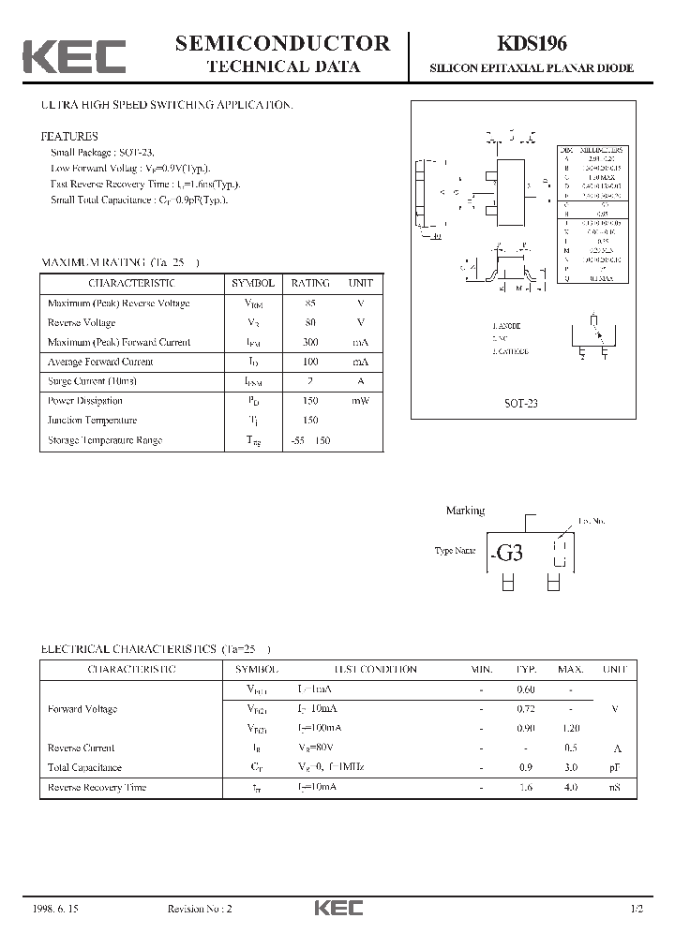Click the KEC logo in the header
[x=74, y=55]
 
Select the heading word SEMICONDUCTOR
[x=283, y=43]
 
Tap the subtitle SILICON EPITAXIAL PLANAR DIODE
[x=532, y=68]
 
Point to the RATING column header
[x=310, y=283]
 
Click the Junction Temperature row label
[x=92, y=421]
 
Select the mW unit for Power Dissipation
[x=361, y=401]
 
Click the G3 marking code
[x=509, y=553]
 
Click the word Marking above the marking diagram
[x=465, y=511]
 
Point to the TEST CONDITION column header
[x=376, y=670]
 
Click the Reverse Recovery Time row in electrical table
[x=97, y=788]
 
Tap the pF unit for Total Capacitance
[x=615, y=768]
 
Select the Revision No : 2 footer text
[x=199, y=909]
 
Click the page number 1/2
[x=637, y=909]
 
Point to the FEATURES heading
[x=69, y=137]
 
